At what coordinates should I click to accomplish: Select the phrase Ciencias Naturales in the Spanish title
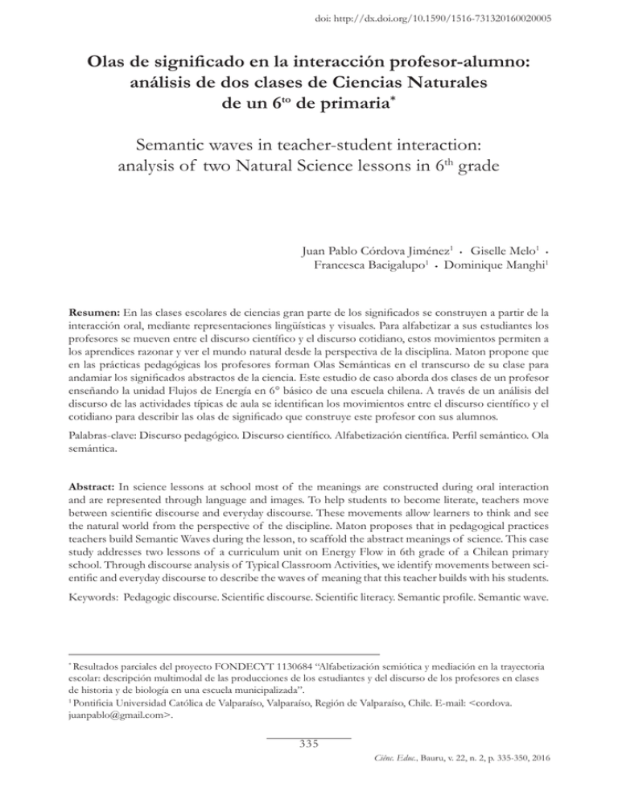(424, 83)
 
